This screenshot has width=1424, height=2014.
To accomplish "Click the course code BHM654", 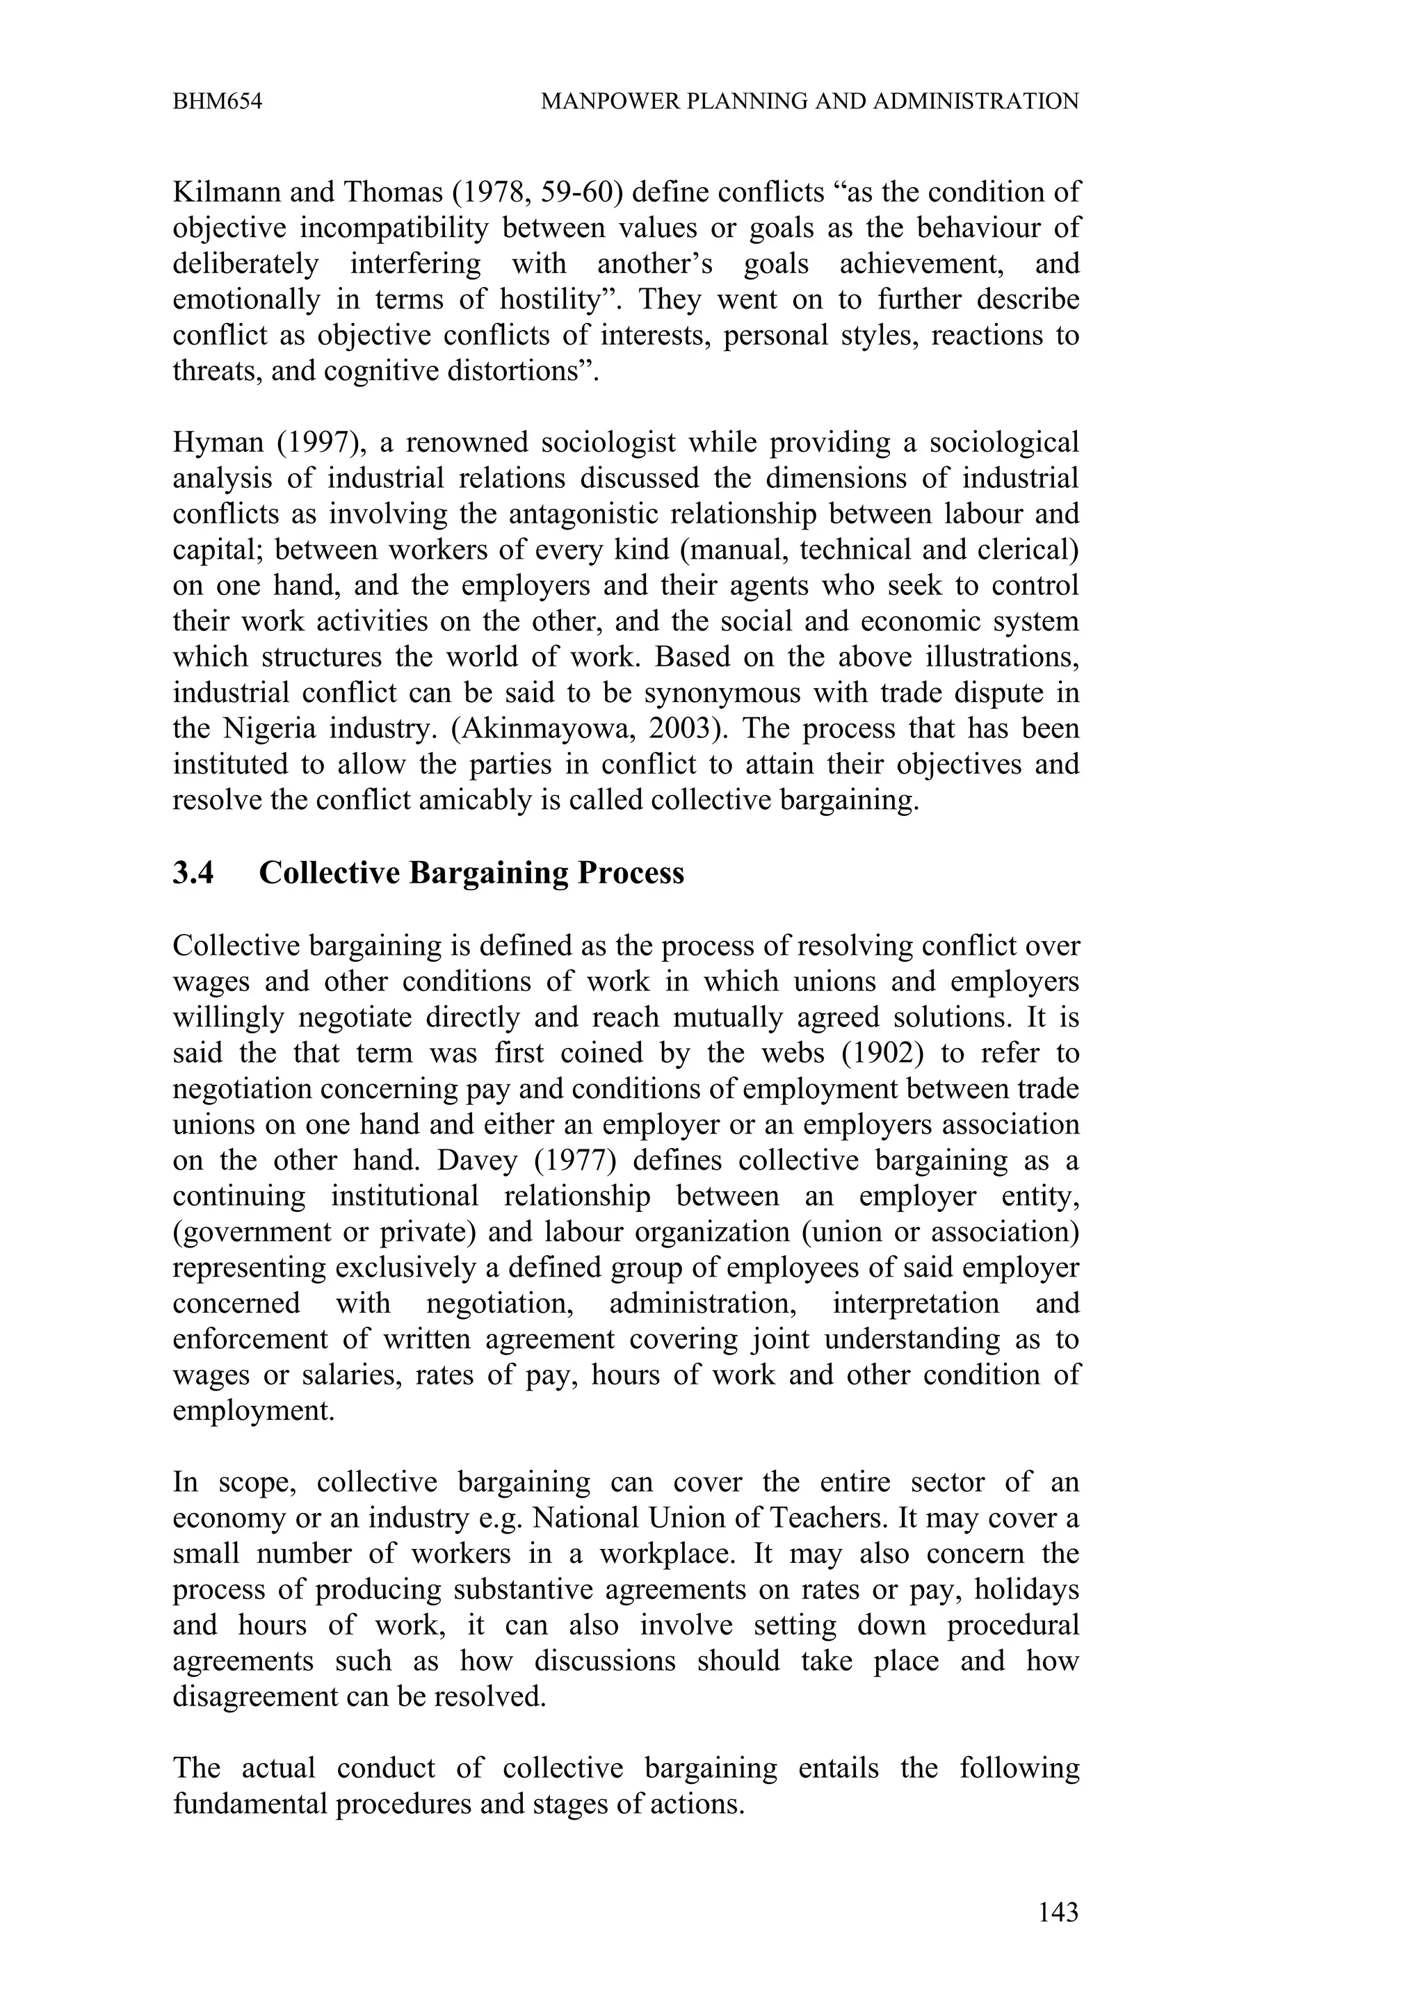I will click(217, 101).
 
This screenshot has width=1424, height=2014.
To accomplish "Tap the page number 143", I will click(1058, 1913).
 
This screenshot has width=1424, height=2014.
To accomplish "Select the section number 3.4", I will click(193, 873).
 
